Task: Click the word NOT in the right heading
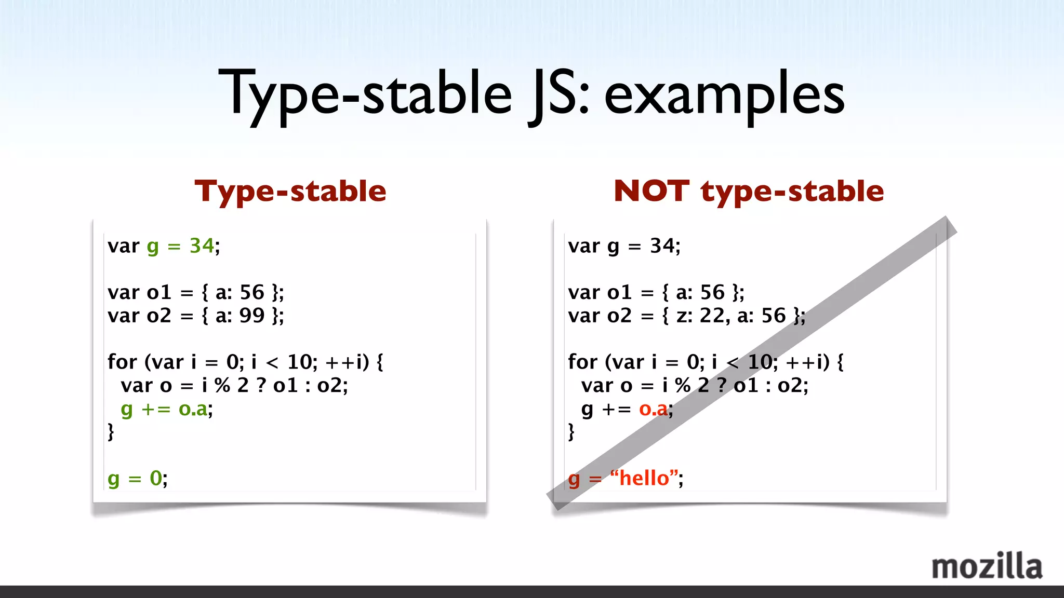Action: tap(651, 191)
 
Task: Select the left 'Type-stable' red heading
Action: tap(290, 191)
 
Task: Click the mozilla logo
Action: tap(987, 566)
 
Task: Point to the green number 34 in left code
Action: tap(202, 246)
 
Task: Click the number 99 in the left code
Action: tap(252, 316)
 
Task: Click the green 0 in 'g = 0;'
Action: tap(156, 478)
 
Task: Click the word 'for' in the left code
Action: tap(122, 362)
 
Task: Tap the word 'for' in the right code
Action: tap(582, 362)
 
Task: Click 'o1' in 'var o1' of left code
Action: tap(159, 293)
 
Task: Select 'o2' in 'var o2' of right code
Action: tap(619, 316)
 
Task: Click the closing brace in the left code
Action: tap(111, 432)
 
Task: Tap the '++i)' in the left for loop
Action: tap(347, 362)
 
